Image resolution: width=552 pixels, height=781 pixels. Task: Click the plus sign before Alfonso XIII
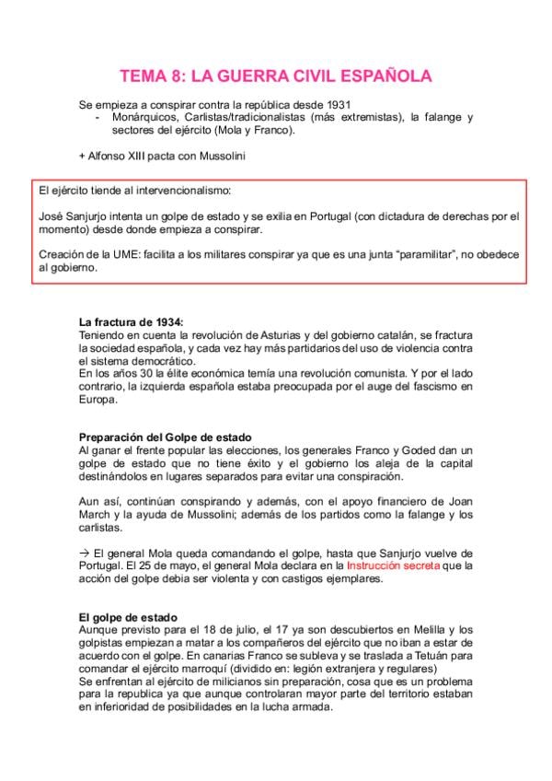[82, 156]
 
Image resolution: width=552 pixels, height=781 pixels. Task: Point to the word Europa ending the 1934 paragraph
[98, 400]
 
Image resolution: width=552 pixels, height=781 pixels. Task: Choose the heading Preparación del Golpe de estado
[166, 436]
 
